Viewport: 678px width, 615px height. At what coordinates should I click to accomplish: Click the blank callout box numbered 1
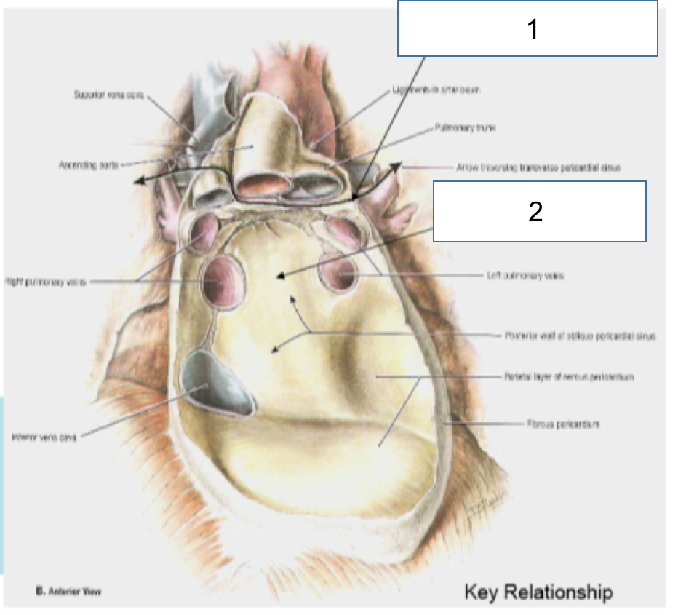[527, 28]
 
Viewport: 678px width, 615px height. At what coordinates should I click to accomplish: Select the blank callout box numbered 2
[539, 212]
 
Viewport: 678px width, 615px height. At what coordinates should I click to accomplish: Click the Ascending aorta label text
[89, 166]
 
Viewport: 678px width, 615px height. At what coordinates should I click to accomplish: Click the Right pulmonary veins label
[45, 282]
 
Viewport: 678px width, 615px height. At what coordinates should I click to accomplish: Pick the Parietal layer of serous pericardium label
[569, 377]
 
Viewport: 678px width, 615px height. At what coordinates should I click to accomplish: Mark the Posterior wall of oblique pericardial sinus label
[580, 336]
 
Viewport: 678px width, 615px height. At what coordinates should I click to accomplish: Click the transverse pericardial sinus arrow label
[538, 167]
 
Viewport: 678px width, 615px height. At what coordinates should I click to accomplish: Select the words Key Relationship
[538, 592]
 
